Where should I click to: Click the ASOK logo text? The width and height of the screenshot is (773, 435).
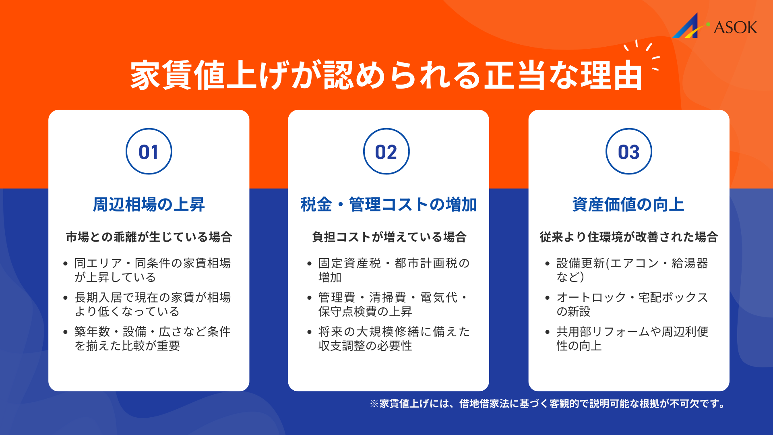pyautogui.click(x=735, y=27)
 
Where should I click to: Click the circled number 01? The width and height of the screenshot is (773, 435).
pyautogui.click(x=149, y=152)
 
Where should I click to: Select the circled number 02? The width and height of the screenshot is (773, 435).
pyautogui.click(x=386, y=152)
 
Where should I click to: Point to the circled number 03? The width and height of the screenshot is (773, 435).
pyautogui.click(x=628, y=152)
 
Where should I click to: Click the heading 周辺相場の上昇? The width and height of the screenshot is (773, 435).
pyautogui.click(x=149, y=205)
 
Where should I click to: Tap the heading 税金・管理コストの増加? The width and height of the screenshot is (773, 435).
pyautogui.click(x=389, y=205)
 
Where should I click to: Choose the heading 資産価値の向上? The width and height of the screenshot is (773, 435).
pyautogui.click(x=628, y=205)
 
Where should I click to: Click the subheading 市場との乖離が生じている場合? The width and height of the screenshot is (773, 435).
pyautogui.click(x=149, y=237)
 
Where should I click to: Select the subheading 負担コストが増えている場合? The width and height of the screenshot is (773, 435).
pyautogui.click(x=389, y=237)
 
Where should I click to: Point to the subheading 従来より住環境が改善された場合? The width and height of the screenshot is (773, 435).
pyautogui.click(x=628, y=237)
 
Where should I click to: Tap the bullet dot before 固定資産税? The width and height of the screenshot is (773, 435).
pyautogui.click(x=309, y=264)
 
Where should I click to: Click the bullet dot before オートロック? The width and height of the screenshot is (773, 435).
pyautogui.click(x=547, y=298)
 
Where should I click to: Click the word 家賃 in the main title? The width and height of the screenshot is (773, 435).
pyautogui.click(x=162, y=75)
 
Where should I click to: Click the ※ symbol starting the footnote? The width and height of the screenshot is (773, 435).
pyautogui.click(x=374, y=404)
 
